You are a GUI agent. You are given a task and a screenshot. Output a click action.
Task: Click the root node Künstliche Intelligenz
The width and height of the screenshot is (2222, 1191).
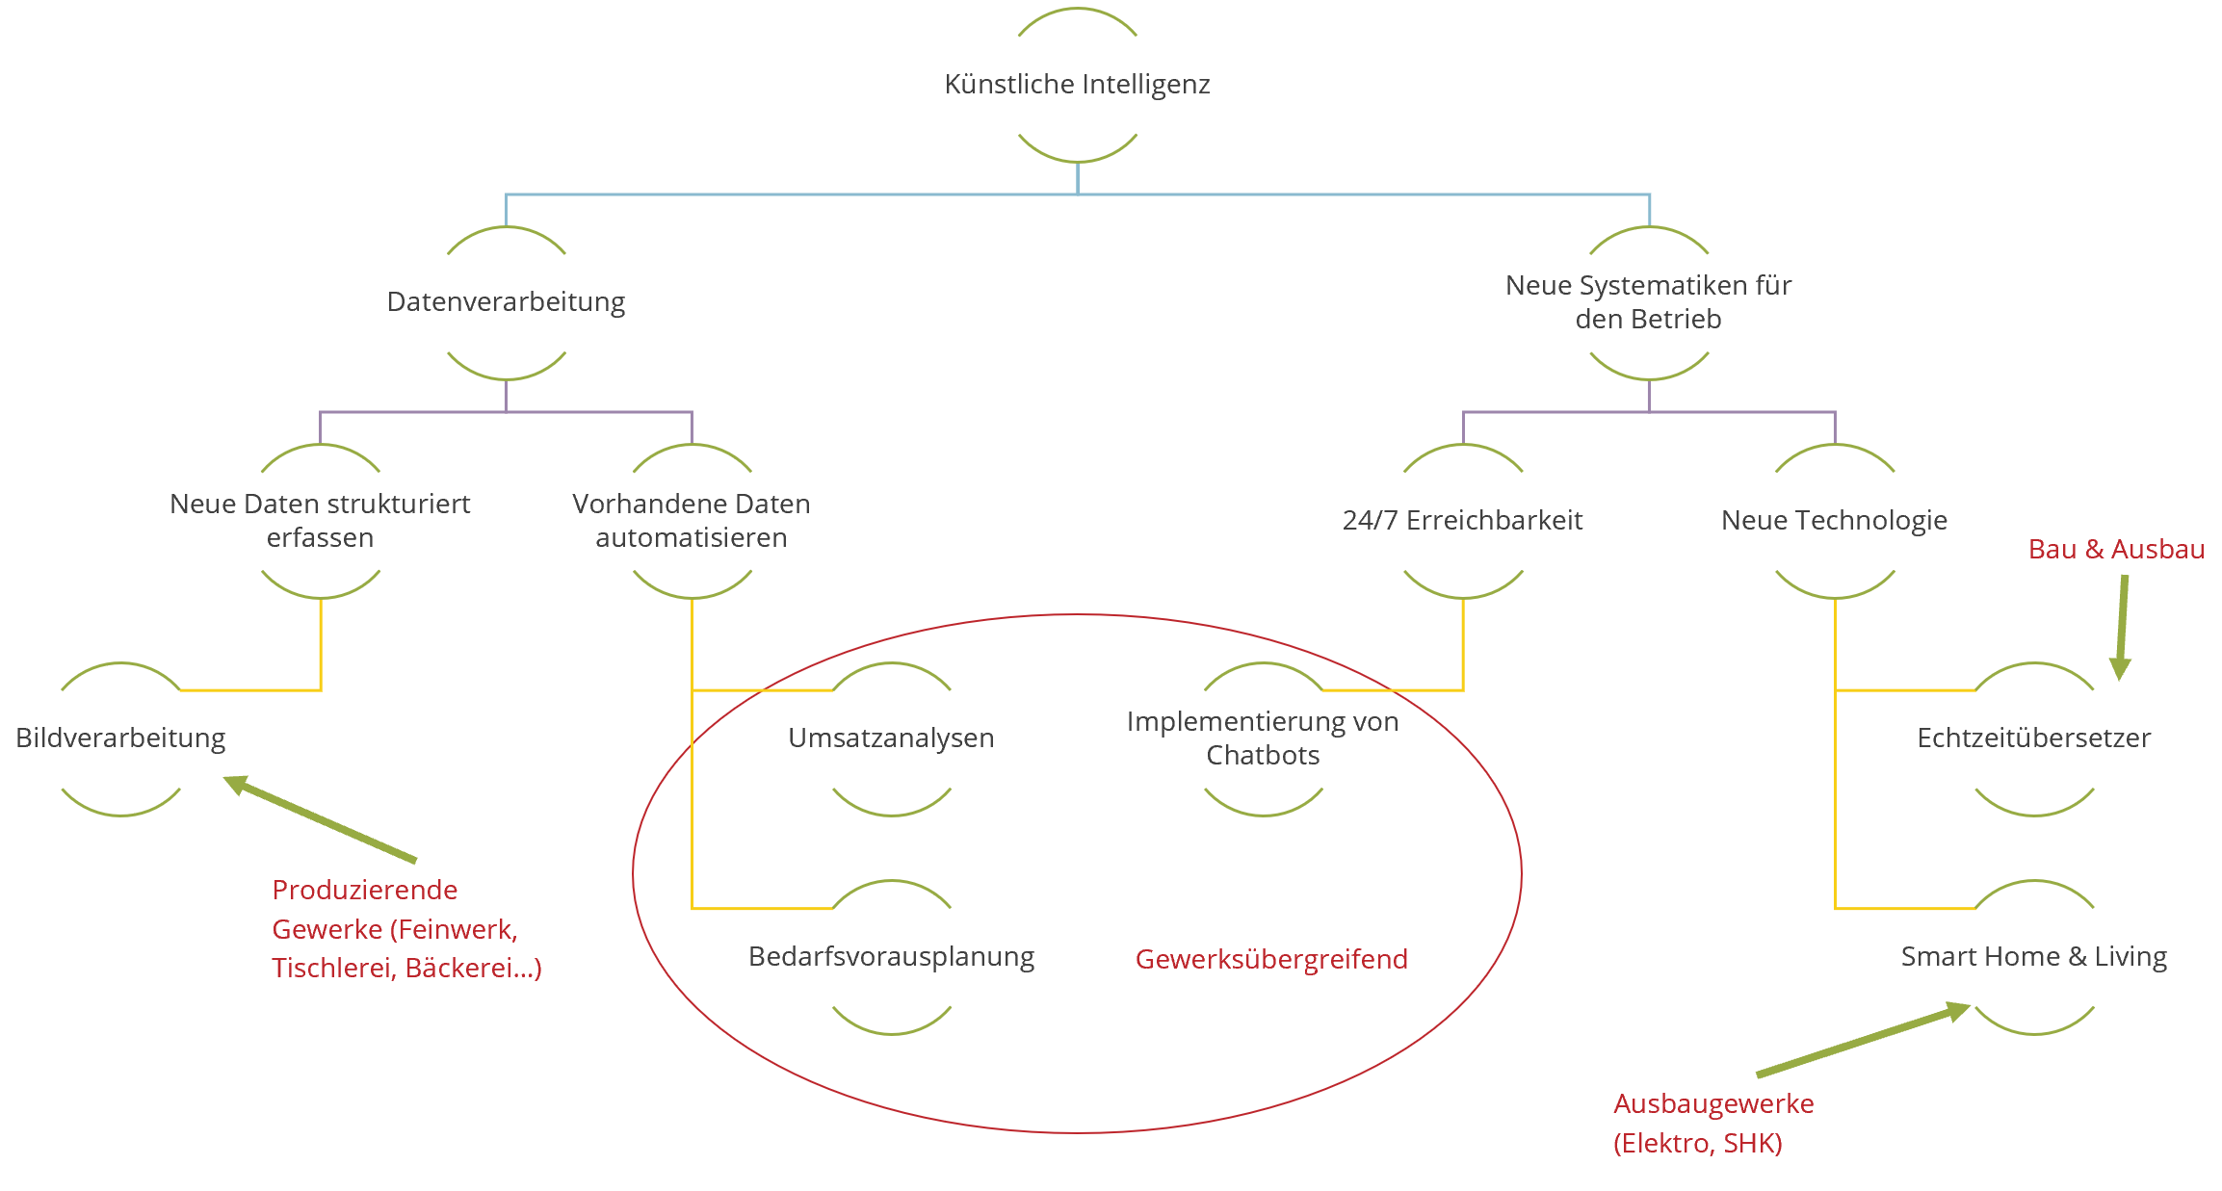pos(1077,85)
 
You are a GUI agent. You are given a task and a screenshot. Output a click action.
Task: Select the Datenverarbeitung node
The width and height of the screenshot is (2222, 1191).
pos(506,302)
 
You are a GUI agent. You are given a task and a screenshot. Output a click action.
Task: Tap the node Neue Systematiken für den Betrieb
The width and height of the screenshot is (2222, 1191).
pos(1648,302)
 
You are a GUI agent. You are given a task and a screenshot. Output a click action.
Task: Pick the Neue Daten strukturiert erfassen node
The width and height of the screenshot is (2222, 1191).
pos(320,521)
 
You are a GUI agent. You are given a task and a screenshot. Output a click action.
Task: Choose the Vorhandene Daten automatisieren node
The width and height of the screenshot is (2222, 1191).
pos(692,521)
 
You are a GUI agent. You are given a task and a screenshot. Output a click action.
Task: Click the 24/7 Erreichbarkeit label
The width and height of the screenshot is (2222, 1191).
pos(1462,521)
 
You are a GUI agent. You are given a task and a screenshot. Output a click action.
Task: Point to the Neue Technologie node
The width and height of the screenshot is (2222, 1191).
pos(1834,521)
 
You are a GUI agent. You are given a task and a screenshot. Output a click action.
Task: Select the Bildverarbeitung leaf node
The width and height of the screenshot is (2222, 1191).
pos(120,738)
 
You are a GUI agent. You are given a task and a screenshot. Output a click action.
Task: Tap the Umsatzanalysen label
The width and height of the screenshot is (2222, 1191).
pos(891,738)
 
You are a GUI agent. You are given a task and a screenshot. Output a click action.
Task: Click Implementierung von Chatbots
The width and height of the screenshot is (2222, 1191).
pos(1263,738)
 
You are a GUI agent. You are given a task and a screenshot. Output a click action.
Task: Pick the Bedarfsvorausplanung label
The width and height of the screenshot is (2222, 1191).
pos(891,957)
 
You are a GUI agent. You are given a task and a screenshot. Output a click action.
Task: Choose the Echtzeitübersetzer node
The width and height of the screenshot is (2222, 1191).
pos(2033,738)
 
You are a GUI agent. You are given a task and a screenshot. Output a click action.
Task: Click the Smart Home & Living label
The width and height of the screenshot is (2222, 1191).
pos(2033,957)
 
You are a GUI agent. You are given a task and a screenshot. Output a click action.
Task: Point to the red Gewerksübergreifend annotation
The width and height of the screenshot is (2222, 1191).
pos(1271,959)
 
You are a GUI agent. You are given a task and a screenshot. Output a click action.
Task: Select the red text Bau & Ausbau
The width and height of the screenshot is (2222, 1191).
pos(2116,550)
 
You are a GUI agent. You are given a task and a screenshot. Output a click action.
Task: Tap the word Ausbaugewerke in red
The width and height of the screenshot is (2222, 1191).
pos(1713,1103)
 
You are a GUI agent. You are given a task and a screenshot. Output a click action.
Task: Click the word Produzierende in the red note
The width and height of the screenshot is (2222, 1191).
pos(364,890)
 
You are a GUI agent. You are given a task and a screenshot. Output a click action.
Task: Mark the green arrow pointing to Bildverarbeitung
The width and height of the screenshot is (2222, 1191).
pos(323,819)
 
